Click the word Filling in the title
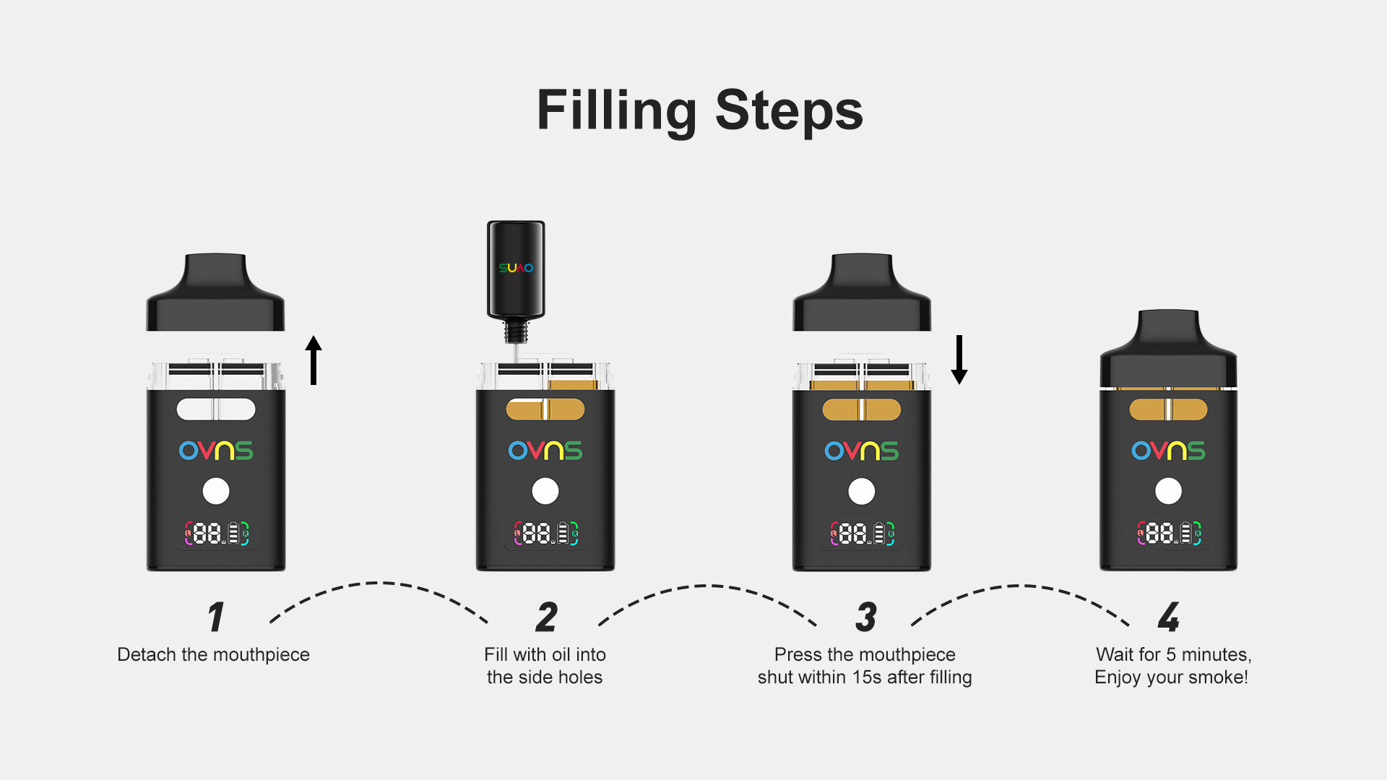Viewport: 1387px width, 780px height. [x=617, y=111]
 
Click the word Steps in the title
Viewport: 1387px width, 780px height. [x=789, y=111]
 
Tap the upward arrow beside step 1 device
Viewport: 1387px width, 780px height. [x=314, y=360]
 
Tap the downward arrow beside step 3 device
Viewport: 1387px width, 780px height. [x=959, y=360]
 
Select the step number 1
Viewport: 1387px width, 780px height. [x=216, y=617]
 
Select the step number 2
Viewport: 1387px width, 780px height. [x=547, y=617]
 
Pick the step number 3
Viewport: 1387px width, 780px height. [x=866, y=617]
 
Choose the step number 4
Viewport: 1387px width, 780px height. [x=1169, y=617]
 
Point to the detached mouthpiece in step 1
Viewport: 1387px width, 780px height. [x=215, y=292]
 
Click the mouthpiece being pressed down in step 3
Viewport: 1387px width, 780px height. [x=862, y=292]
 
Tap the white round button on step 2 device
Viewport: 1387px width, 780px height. [x=545, y=491]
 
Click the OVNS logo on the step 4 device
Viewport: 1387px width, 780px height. [x=1168, y=451]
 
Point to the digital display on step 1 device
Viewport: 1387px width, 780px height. [x=216, y=534]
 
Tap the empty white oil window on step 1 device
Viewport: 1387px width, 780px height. [x=216, y=409]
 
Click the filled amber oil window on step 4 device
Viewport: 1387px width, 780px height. [x=1168, y=409]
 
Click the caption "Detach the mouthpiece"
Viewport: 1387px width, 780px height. [x=213, y=654]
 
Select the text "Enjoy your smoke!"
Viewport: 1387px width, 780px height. [x=1171, y=677]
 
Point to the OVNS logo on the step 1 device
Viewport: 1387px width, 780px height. [x=216, y=451]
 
